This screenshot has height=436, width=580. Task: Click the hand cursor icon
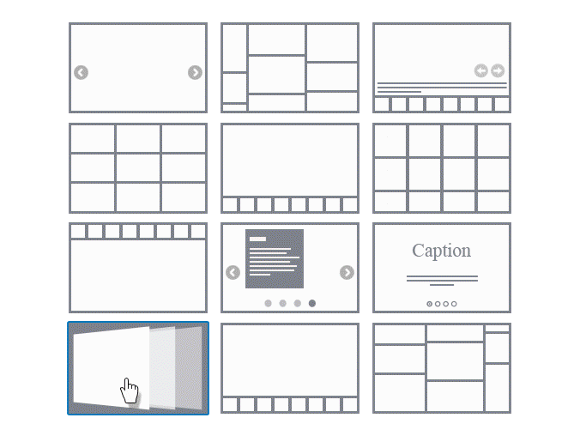(129, 391)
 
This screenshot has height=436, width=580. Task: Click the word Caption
(441, 251)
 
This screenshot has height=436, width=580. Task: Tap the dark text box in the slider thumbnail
(275, 258)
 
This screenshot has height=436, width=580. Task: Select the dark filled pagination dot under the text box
(312, 304)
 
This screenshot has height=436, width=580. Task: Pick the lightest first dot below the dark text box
(269, 304)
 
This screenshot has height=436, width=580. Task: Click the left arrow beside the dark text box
(233, 272)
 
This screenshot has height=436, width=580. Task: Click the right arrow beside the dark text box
(347, 272)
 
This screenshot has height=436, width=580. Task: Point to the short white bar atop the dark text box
(257, 239)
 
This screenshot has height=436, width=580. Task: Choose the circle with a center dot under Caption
(430, 304)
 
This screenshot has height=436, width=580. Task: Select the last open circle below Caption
(454, 304)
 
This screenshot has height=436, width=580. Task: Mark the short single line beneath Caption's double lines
(442, 285)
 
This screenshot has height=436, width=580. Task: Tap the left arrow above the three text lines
(480, 70)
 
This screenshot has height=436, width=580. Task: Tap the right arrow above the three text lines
(498, 70)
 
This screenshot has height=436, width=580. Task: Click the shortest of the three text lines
(399, 92)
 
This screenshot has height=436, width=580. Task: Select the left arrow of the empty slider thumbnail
(81, 73)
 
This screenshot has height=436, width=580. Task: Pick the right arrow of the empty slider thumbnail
(195, 73)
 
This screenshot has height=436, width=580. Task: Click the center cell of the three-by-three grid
(138, 168)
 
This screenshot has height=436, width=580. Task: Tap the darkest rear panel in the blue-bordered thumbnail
(189, 368)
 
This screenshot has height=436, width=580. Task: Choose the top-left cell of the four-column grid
(390, 141)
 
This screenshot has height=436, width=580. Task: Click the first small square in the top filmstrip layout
(78, 232)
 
